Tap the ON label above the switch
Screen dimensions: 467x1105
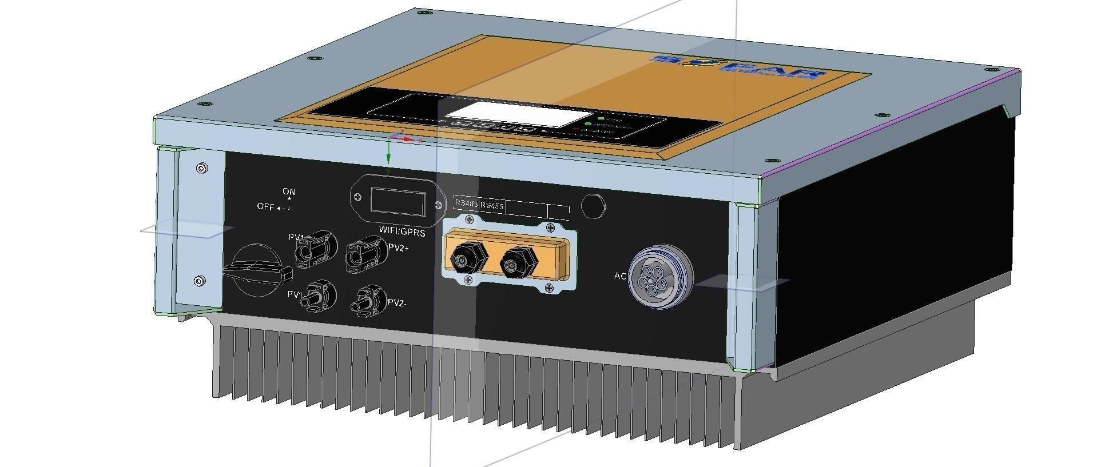[x=289, y=191]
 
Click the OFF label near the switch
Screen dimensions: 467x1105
[x=265, y=207]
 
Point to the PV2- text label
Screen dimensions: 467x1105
[x=397, y=303]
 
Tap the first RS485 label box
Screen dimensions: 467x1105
[x=466, y=203]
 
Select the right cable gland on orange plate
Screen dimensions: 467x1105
[x=518, y=262]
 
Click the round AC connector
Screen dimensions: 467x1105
[x=660, y=277]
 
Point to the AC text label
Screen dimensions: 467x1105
[x=620, y=276]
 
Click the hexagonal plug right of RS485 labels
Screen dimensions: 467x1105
[x=594, y=206]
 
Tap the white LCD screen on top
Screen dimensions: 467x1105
[x=512, y=114]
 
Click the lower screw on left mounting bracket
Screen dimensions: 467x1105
[x=199, y=281]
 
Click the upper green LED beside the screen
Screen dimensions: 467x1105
[x=602, y=118]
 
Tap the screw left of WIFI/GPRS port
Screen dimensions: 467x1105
[x=358, y=198]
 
